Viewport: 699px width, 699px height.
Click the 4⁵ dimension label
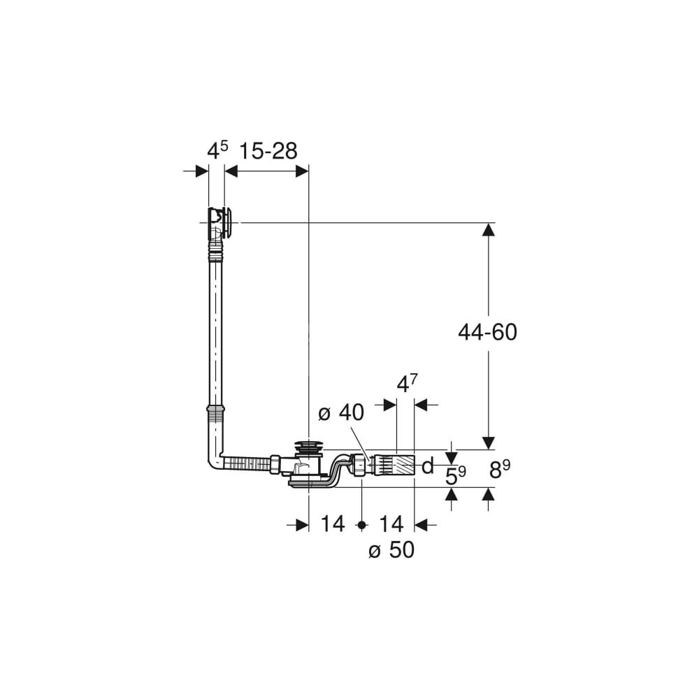pyautogui.click(x=217, y=151)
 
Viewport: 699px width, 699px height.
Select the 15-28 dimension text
pyautogui.click(x=268, y=152)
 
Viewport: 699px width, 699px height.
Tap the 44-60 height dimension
pyautogui.click(x=488, y=333)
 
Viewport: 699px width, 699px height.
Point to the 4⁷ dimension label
pyautogui.click(x=408, y=384)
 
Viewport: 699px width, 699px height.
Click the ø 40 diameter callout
pyautogui.click(x=341, y=413)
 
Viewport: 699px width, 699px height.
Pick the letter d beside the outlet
pyautogui.click(x=428, y=466)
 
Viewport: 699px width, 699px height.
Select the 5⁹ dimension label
pyautogui.click(x=456, y=475)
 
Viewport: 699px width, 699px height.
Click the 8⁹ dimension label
pyautogui.click(x=500, y=470)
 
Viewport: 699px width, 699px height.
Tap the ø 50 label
pyautogui.click(x=391, y=550)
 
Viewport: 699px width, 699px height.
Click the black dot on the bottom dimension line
pyautogui.click(x=362, y=525)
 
